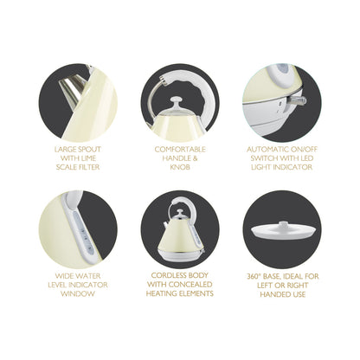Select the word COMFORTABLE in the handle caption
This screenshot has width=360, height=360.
(180, 149)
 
